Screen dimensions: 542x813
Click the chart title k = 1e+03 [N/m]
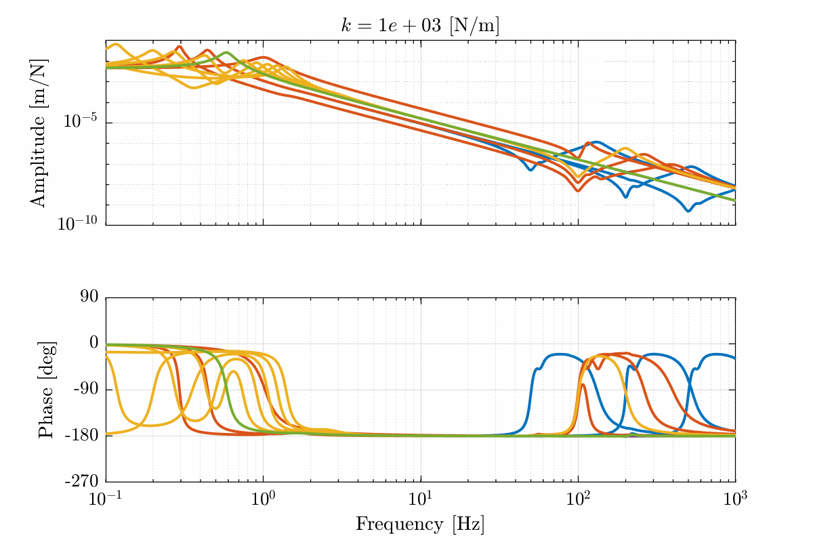pos(420,25)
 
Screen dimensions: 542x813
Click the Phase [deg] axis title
pos(45,389)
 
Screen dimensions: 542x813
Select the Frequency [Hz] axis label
pos(420,524)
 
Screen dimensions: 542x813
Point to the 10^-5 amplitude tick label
pos(80,123)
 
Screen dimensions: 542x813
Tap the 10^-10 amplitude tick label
pos(77,224)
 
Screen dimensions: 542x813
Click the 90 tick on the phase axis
pos(89,297)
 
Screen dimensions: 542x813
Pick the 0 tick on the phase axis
pos(93,343)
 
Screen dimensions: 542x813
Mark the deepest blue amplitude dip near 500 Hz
pos(688,211)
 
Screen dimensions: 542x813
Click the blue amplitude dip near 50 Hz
pos(530,169)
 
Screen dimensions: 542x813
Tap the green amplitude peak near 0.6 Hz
pos(226,53)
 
